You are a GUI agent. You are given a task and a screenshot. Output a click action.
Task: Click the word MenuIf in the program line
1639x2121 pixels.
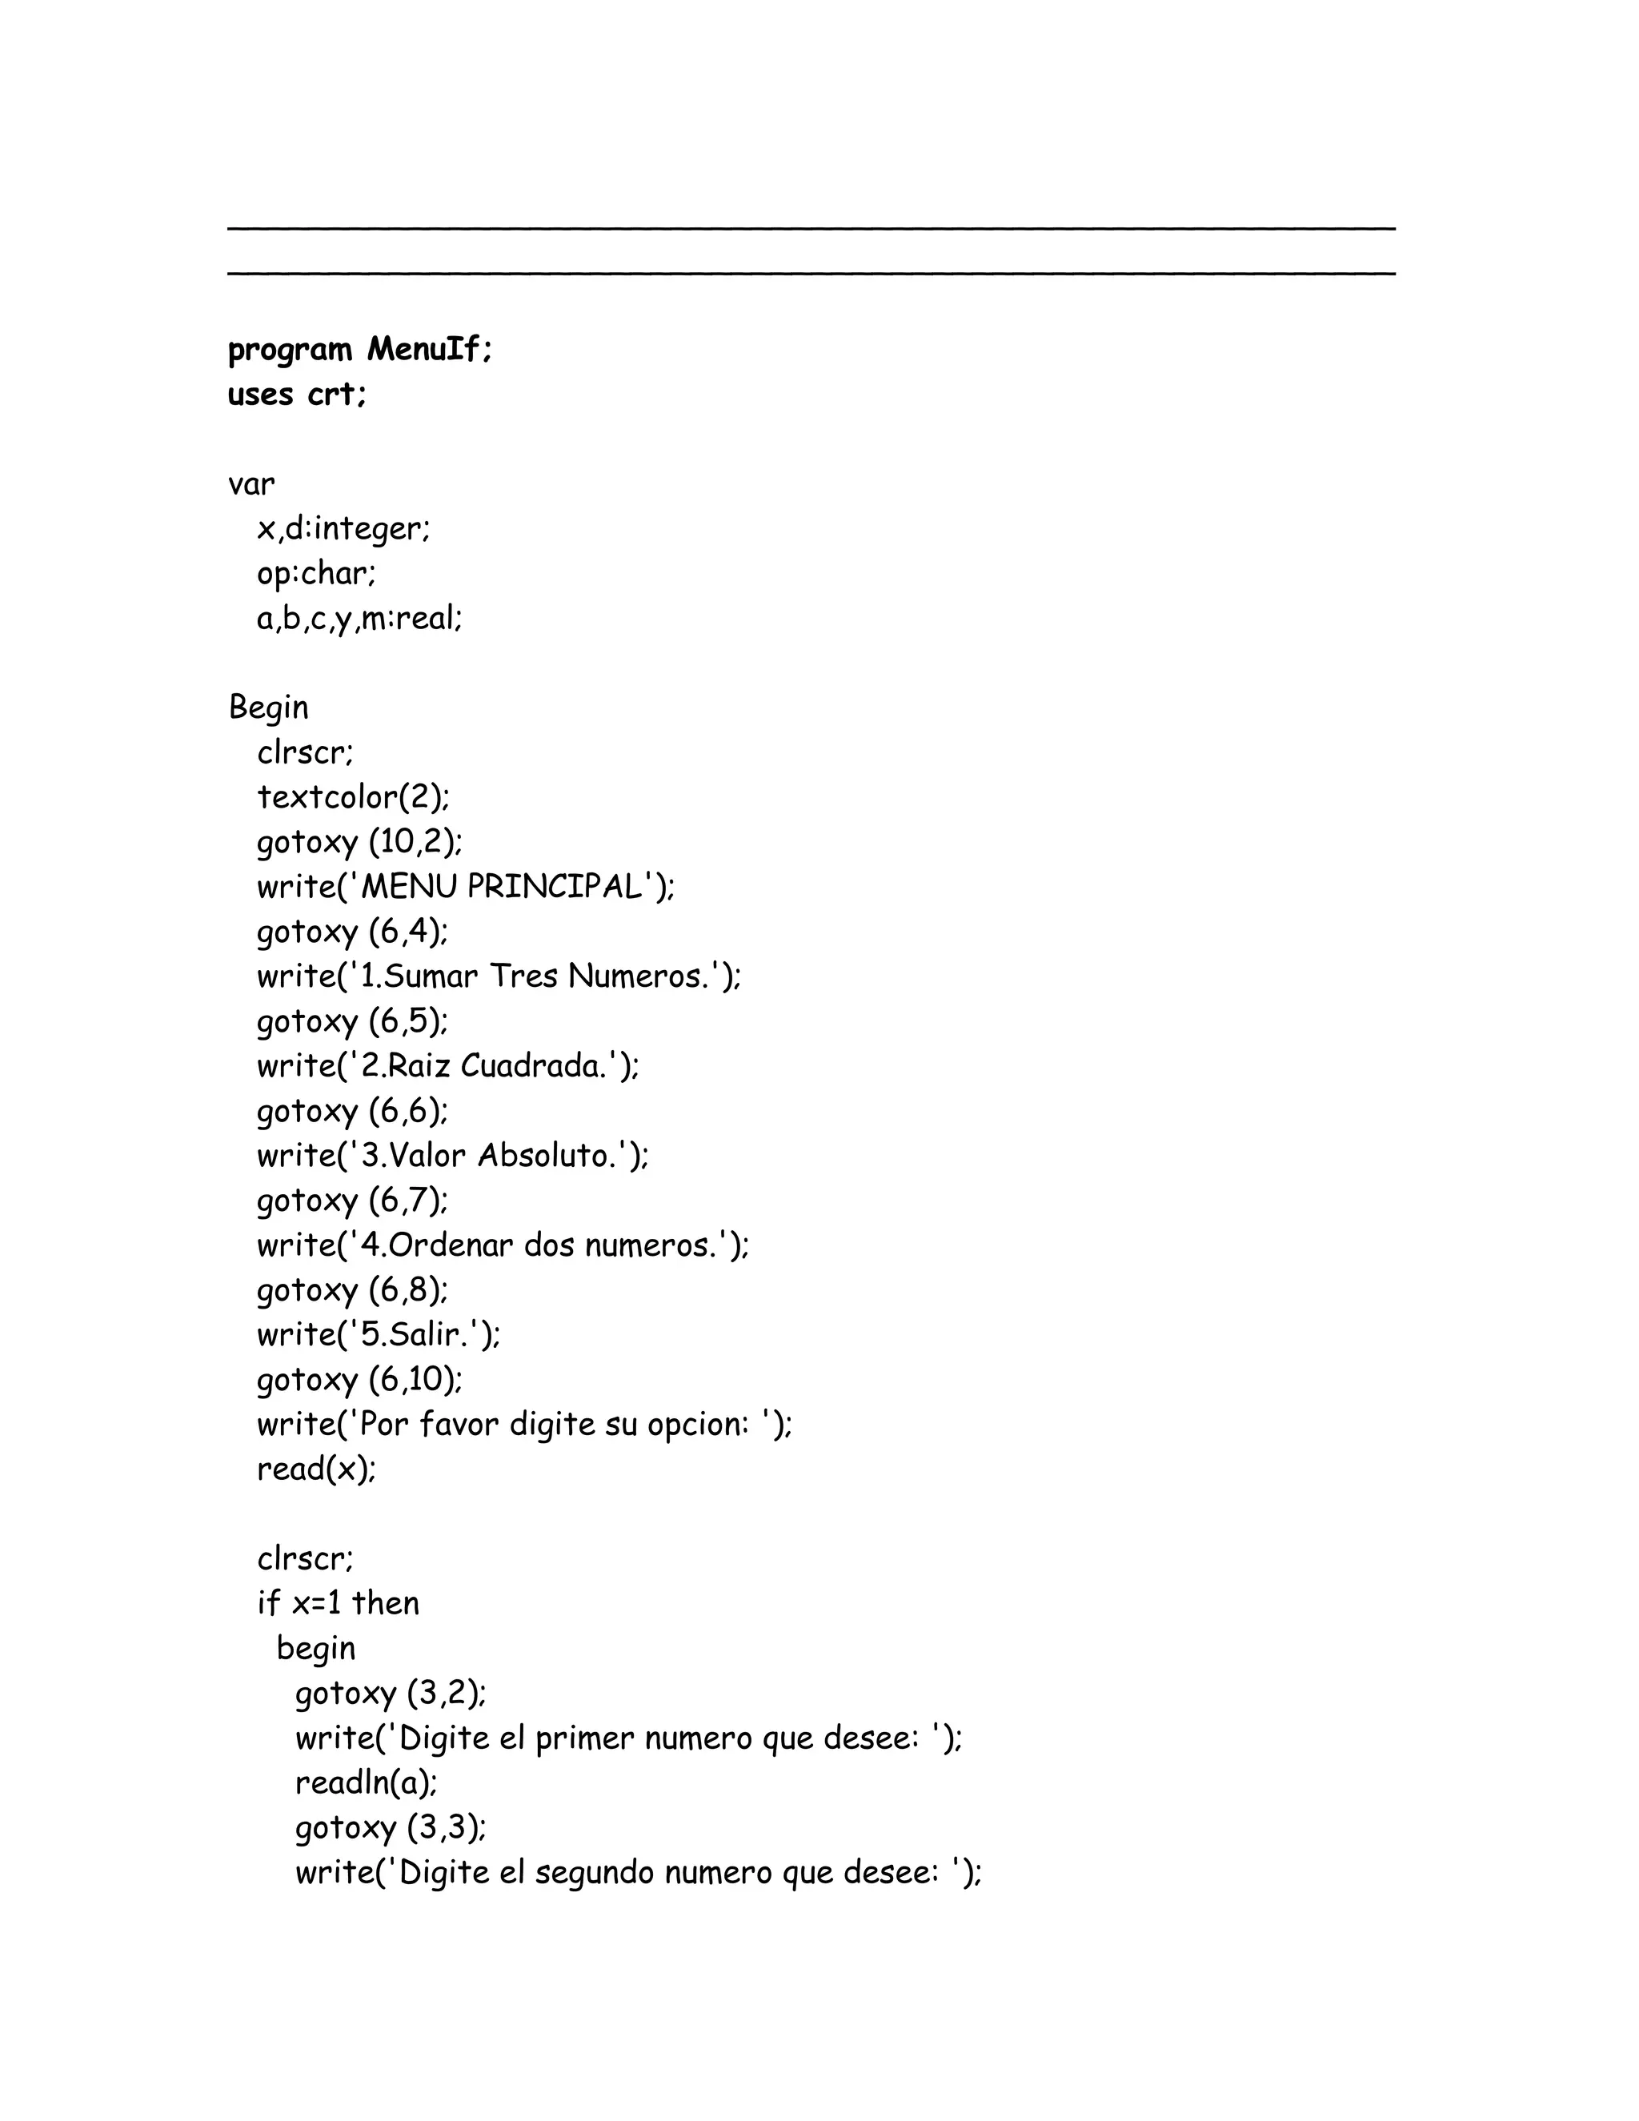click(x=429, y=349)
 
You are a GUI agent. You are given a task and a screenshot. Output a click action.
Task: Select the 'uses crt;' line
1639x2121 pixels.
click(x=297, y=395)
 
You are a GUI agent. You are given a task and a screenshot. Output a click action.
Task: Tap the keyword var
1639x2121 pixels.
click(x=251, y=483)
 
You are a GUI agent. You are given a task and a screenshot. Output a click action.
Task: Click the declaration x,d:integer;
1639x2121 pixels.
click(x=343, y=528)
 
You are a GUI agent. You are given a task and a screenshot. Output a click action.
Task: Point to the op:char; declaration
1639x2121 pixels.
click(x=315, y=574)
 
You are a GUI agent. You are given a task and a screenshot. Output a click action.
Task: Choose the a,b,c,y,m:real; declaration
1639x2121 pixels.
click(x=359, y=619)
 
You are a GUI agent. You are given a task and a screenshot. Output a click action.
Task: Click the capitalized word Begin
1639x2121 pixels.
click(x=268, y=708)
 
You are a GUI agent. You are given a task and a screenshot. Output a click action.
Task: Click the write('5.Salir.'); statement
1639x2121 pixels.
click(x=379, y=1335)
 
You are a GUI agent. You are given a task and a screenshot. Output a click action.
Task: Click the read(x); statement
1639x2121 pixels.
click(x=315, y=1469)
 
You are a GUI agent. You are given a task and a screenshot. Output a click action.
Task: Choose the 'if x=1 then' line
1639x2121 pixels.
click(x=338, y=1603)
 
